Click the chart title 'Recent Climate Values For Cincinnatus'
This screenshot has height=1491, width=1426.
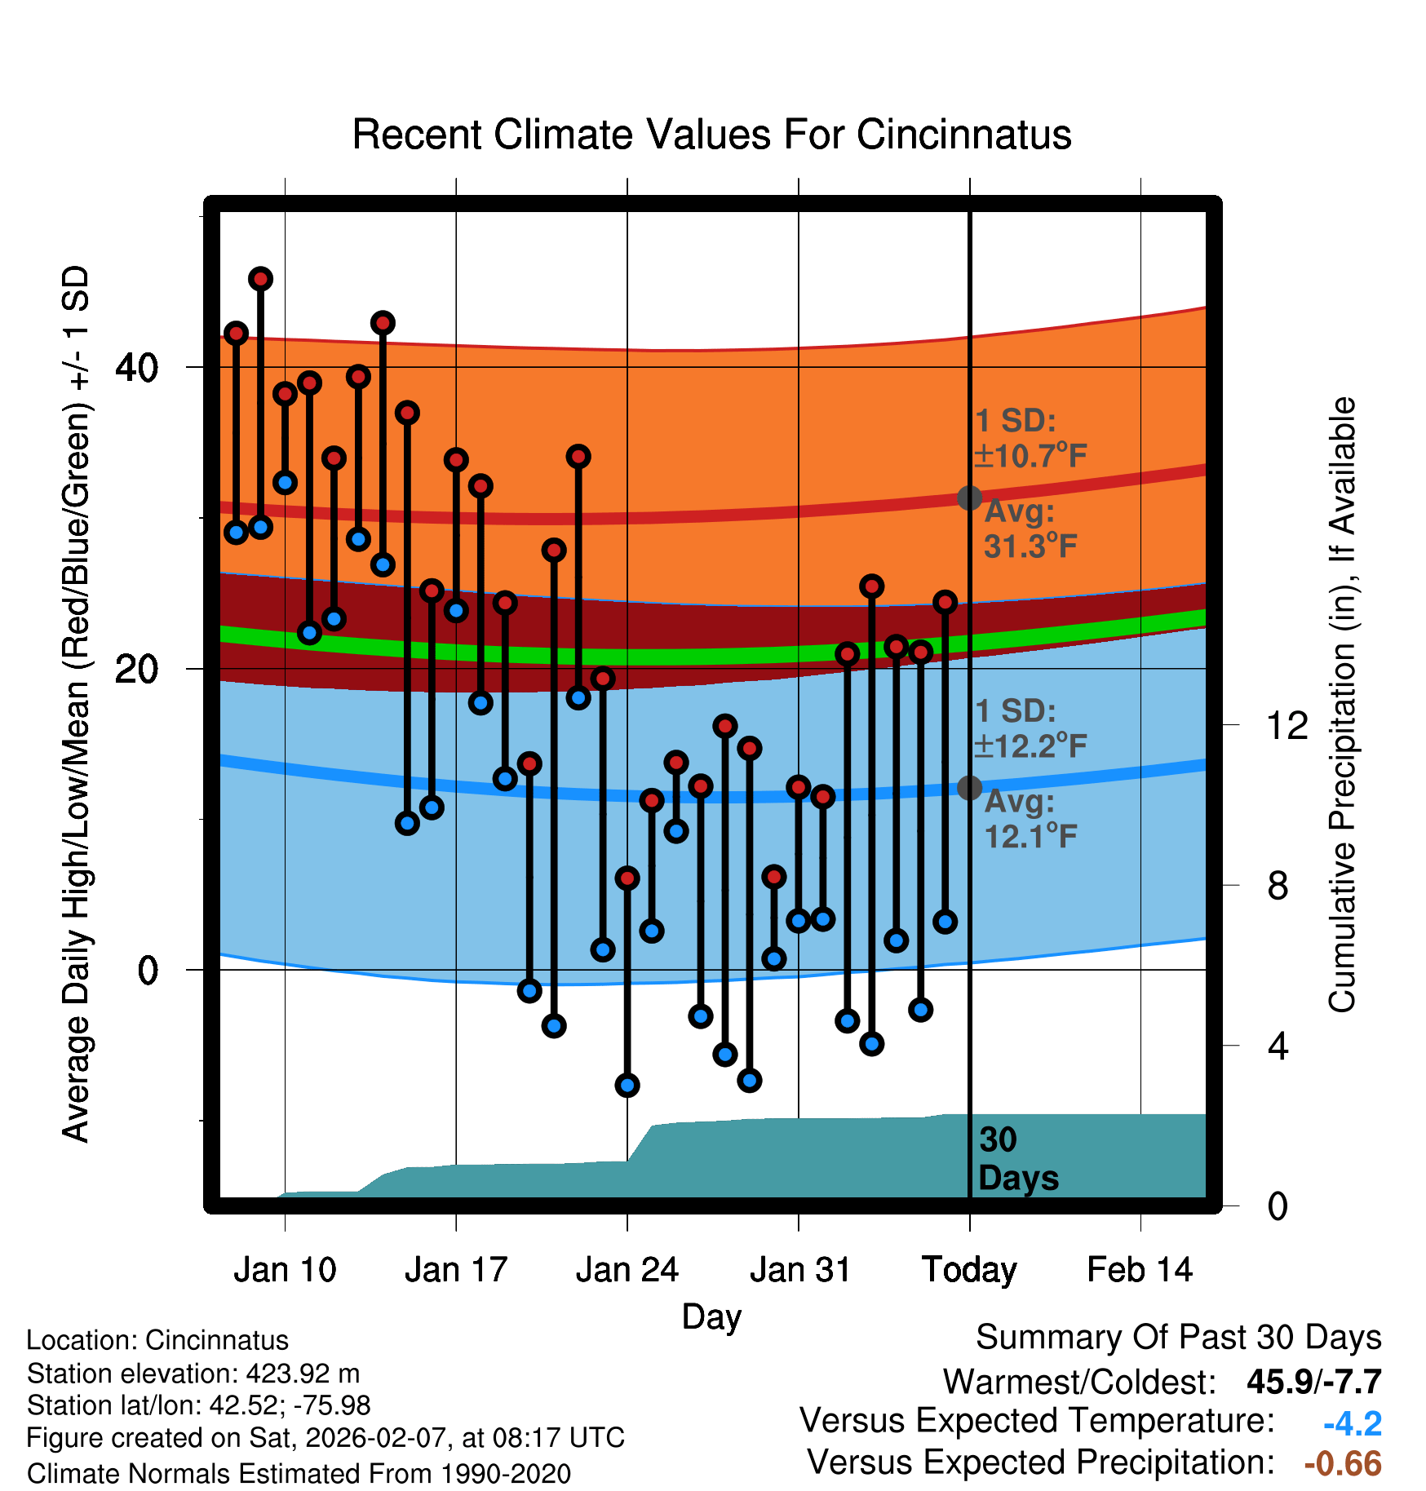click(x=711, y=135)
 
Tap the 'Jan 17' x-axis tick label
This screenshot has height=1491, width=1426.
click(x=456, y=1270)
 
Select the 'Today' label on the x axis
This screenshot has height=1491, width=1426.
click(x=969, y=1270)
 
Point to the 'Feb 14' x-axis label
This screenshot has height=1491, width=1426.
click(x=1140, y=1270)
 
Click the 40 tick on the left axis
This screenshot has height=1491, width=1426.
click(x=136, y=368)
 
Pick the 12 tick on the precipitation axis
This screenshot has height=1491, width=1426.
click(x=1287, y=725)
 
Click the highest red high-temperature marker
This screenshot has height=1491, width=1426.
click(x=260, y=279)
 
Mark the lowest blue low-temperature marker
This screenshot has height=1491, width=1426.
click(x=627, y=1085)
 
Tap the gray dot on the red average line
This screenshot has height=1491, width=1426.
click(x=969, y=498)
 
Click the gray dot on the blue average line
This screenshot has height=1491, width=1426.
click(x=969, y=788)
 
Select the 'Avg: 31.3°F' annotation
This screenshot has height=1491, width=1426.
click(x=1030, y=529)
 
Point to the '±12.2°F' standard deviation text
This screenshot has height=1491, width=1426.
click(x=1031, y=745)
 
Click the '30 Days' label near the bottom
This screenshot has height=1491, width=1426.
click(x=1017, y=1159)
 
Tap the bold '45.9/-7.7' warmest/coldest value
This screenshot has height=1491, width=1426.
click(x=1313, y=1382)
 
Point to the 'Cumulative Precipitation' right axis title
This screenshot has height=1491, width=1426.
click(x=1342, y=705)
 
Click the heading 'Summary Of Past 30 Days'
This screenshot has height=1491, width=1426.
click(x=1178, y=1338)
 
